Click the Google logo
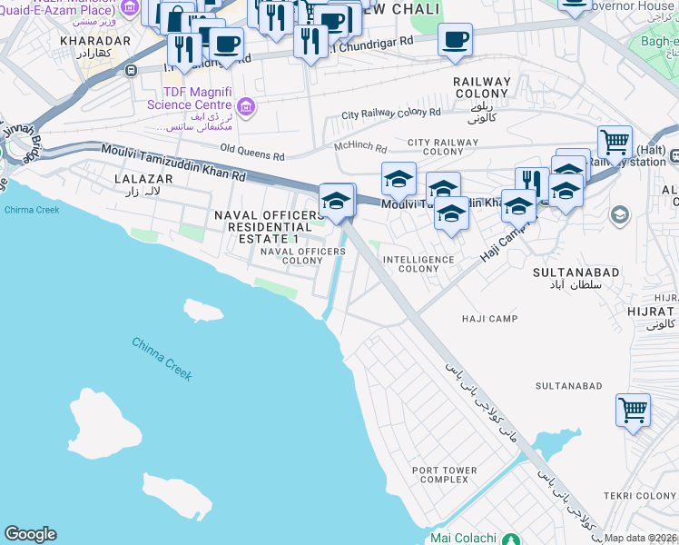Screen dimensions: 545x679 [x=30, y=534]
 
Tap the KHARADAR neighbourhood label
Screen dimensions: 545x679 [x=95, y=41]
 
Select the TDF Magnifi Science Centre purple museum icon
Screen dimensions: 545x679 [x=246, y=109]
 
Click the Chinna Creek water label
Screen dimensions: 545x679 [x=162, y=358]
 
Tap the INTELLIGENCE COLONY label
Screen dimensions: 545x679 [x=418, y=264]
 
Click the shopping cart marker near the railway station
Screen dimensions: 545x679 [x=615, y=142]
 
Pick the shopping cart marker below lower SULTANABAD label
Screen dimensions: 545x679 [x=633, y=409]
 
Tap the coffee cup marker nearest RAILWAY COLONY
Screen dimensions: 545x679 [x=455, y=39]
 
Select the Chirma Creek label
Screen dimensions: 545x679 [x=31, y=210]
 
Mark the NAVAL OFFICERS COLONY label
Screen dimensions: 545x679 [x=291, y=255]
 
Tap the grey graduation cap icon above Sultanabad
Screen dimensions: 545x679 [x=620, y=215]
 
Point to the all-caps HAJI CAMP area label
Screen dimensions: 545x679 [x=489, y=319]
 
